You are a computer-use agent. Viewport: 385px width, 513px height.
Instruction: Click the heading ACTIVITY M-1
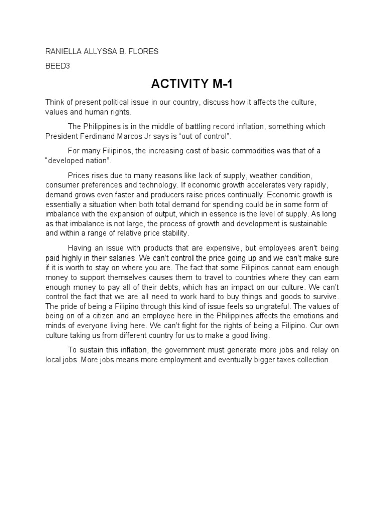click(x=192, y=83)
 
